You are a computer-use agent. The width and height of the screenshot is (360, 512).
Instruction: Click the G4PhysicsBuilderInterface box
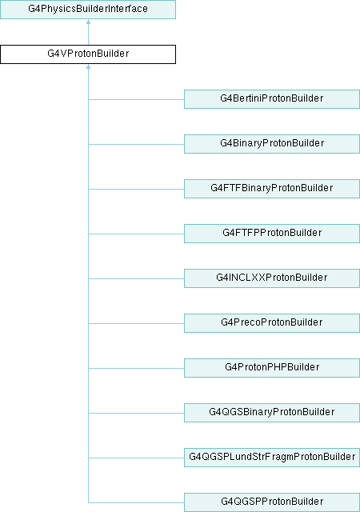[88, 9]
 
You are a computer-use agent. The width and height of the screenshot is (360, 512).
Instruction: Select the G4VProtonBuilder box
[88, 54]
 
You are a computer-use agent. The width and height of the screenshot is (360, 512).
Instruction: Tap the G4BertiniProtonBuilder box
[272, 99]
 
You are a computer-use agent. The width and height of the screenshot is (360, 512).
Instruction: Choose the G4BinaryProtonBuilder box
[272, 144]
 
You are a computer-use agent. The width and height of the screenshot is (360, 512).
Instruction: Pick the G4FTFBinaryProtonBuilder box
[272, 189]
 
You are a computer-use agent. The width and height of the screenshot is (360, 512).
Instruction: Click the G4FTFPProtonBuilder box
[272, 233]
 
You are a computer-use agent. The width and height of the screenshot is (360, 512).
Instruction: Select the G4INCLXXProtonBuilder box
[272, 278]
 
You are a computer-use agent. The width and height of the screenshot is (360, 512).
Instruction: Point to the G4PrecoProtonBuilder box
[272, 323]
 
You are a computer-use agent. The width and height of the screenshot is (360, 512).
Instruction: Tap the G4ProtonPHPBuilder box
[272, 368]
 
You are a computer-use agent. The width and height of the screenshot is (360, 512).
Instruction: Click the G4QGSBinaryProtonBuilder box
[272, 413]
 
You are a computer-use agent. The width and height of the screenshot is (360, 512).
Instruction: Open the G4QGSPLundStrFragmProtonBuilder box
[272, 457]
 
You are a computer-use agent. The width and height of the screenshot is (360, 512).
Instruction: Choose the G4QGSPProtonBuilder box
[272, 502]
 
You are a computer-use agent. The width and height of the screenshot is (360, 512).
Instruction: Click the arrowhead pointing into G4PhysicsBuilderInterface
[88, 22]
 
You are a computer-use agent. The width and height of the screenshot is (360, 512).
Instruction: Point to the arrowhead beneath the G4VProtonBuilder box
[88, 66]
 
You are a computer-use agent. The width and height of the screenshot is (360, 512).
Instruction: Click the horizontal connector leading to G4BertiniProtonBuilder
[136, 99]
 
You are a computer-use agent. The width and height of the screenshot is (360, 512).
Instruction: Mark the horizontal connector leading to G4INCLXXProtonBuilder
[136, 279]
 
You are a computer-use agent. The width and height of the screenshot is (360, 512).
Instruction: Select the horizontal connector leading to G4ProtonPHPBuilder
[136, 368]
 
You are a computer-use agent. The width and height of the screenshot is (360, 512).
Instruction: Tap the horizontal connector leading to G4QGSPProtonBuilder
[136, 503]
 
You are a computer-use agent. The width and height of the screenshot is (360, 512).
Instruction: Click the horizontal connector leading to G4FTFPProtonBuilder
[136, 234]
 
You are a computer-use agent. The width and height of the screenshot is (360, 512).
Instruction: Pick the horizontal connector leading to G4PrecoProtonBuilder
[136, 323]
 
